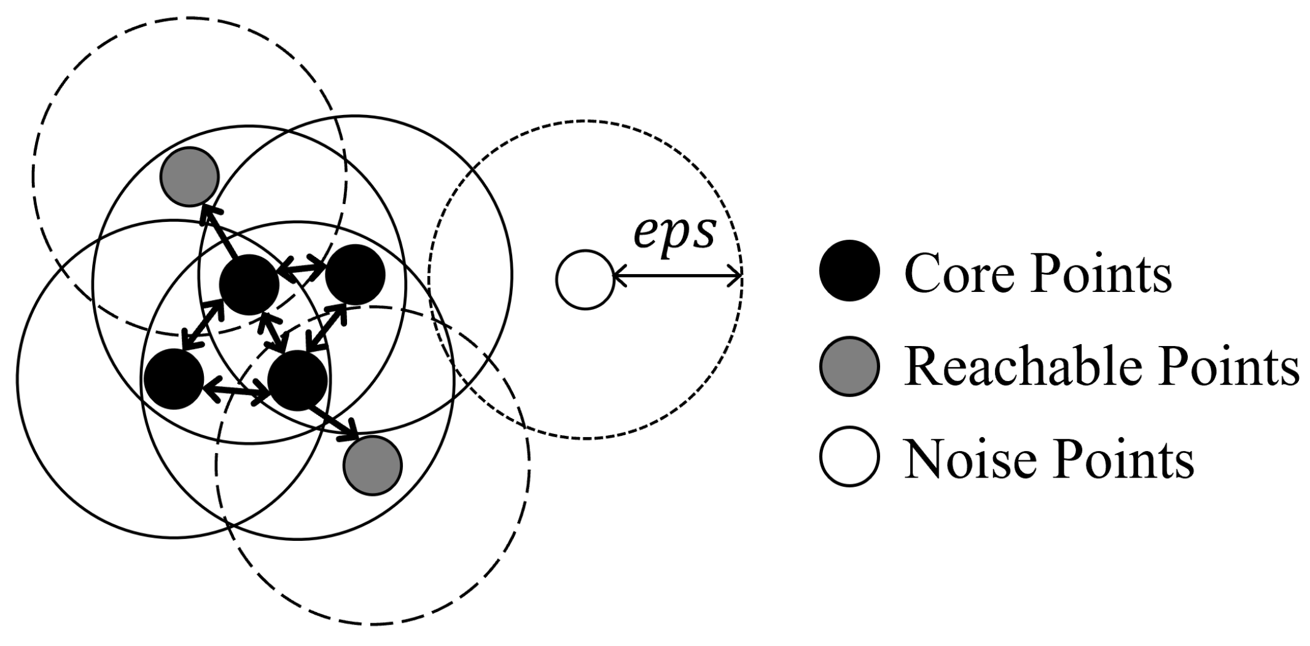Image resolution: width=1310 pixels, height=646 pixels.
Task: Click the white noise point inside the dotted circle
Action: [585, 280]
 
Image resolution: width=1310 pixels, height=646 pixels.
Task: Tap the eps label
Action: [674, 232]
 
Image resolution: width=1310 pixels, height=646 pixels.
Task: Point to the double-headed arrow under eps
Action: [678, 278]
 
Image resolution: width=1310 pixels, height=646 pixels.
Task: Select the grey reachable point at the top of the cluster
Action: [189, 176]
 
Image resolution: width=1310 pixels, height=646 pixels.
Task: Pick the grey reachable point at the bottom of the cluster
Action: [372, 465]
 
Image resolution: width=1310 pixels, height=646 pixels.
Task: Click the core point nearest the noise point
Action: [355, 275]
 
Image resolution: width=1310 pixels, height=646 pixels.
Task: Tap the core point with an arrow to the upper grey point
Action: [249, 285]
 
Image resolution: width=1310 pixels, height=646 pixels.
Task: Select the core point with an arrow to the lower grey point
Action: [298, 380]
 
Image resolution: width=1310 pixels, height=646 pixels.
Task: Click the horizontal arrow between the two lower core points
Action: [236, 390]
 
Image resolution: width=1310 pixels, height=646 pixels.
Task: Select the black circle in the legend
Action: [849, 271]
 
